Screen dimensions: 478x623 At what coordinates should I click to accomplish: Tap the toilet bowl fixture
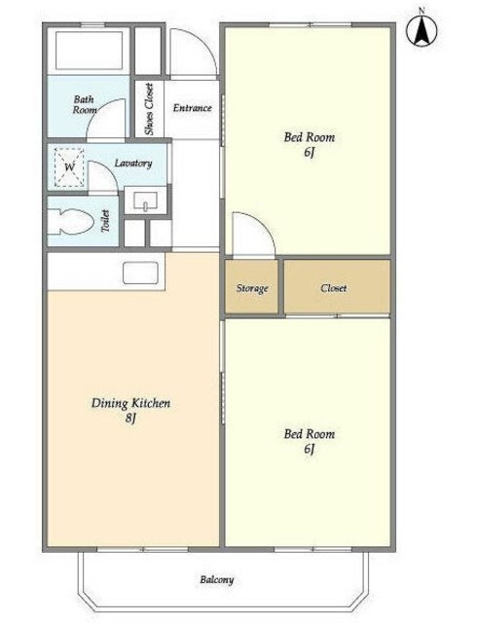click(70, 222)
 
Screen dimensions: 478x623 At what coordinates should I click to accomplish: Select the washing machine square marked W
click(69, 167)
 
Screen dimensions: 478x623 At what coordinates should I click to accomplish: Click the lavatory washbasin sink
click(145, 201)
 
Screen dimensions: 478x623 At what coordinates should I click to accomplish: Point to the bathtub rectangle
click(89, 51)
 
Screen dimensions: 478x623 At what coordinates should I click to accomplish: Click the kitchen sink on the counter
click(140, 273)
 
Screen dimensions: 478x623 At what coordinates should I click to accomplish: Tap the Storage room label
click(252, 288)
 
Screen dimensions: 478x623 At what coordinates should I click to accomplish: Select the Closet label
click(333, 288)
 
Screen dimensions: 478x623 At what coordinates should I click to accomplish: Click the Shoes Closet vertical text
click(149, 109)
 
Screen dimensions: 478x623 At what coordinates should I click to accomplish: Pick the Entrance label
click(193, 108)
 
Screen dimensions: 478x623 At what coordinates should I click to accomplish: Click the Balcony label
click(216, 580)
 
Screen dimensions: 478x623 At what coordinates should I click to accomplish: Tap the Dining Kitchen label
click(130, 403)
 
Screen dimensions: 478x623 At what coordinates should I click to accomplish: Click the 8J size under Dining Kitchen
click(130, 418)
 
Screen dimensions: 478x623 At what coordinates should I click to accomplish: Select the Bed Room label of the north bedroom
click(310, 137)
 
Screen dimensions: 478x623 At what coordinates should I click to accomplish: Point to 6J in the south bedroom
click(310, 449)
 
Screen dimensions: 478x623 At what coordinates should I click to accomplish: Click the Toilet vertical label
click(105, 221)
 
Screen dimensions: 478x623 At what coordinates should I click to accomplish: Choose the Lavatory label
click(133, 163)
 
